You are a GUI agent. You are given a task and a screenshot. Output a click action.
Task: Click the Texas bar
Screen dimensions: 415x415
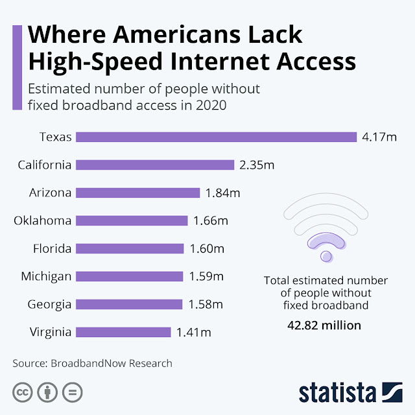tap(216, 137)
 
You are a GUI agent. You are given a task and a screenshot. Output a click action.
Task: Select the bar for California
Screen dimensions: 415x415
tap(155, 165)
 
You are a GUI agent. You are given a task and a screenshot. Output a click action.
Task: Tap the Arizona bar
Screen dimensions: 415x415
tap(138, 193)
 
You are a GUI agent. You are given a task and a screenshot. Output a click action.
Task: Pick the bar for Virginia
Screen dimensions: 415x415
tap(123, 332)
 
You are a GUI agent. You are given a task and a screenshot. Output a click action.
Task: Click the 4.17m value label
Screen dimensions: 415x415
tap(379, 137)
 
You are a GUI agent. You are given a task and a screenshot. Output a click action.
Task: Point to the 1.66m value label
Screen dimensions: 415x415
tap(211, 220)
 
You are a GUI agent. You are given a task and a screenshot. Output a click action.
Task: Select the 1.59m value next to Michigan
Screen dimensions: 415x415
tap(206, 277)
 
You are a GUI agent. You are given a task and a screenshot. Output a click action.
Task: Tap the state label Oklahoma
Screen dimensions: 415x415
tap(43, 220)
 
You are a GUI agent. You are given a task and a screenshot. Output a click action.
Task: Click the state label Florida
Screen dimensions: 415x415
tap(52, 248)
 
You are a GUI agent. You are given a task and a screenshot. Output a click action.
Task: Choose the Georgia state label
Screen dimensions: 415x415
tap(49, 305)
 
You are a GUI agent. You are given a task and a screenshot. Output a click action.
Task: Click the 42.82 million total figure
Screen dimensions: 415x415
tap(324, 326)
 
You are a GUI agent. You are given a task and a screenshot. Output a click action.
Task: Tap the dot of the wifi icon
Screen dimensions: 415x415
tap(326, 256)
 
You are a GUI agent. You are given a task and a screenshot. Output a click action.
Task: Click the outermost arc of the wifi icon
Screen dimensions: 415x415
tap(326, 197)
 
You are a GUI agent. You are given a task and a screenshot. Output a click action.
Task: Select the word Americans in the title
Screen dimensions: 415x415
tap(176, 34)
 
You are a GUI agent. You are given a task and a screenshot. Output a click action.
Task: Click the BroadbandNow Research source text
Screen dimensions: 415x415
tap(112, 363)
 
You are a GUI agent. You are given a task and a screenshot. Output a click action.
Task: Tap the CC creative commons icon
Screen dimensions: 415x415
tap(23, 392)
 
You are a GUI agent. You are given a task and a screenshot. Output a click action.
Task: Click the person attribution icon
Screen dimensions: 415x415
tap(47, 392)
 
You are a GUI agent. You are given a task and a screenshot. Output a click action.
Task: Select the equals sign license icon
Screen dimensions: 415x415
tap(72, 392)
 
